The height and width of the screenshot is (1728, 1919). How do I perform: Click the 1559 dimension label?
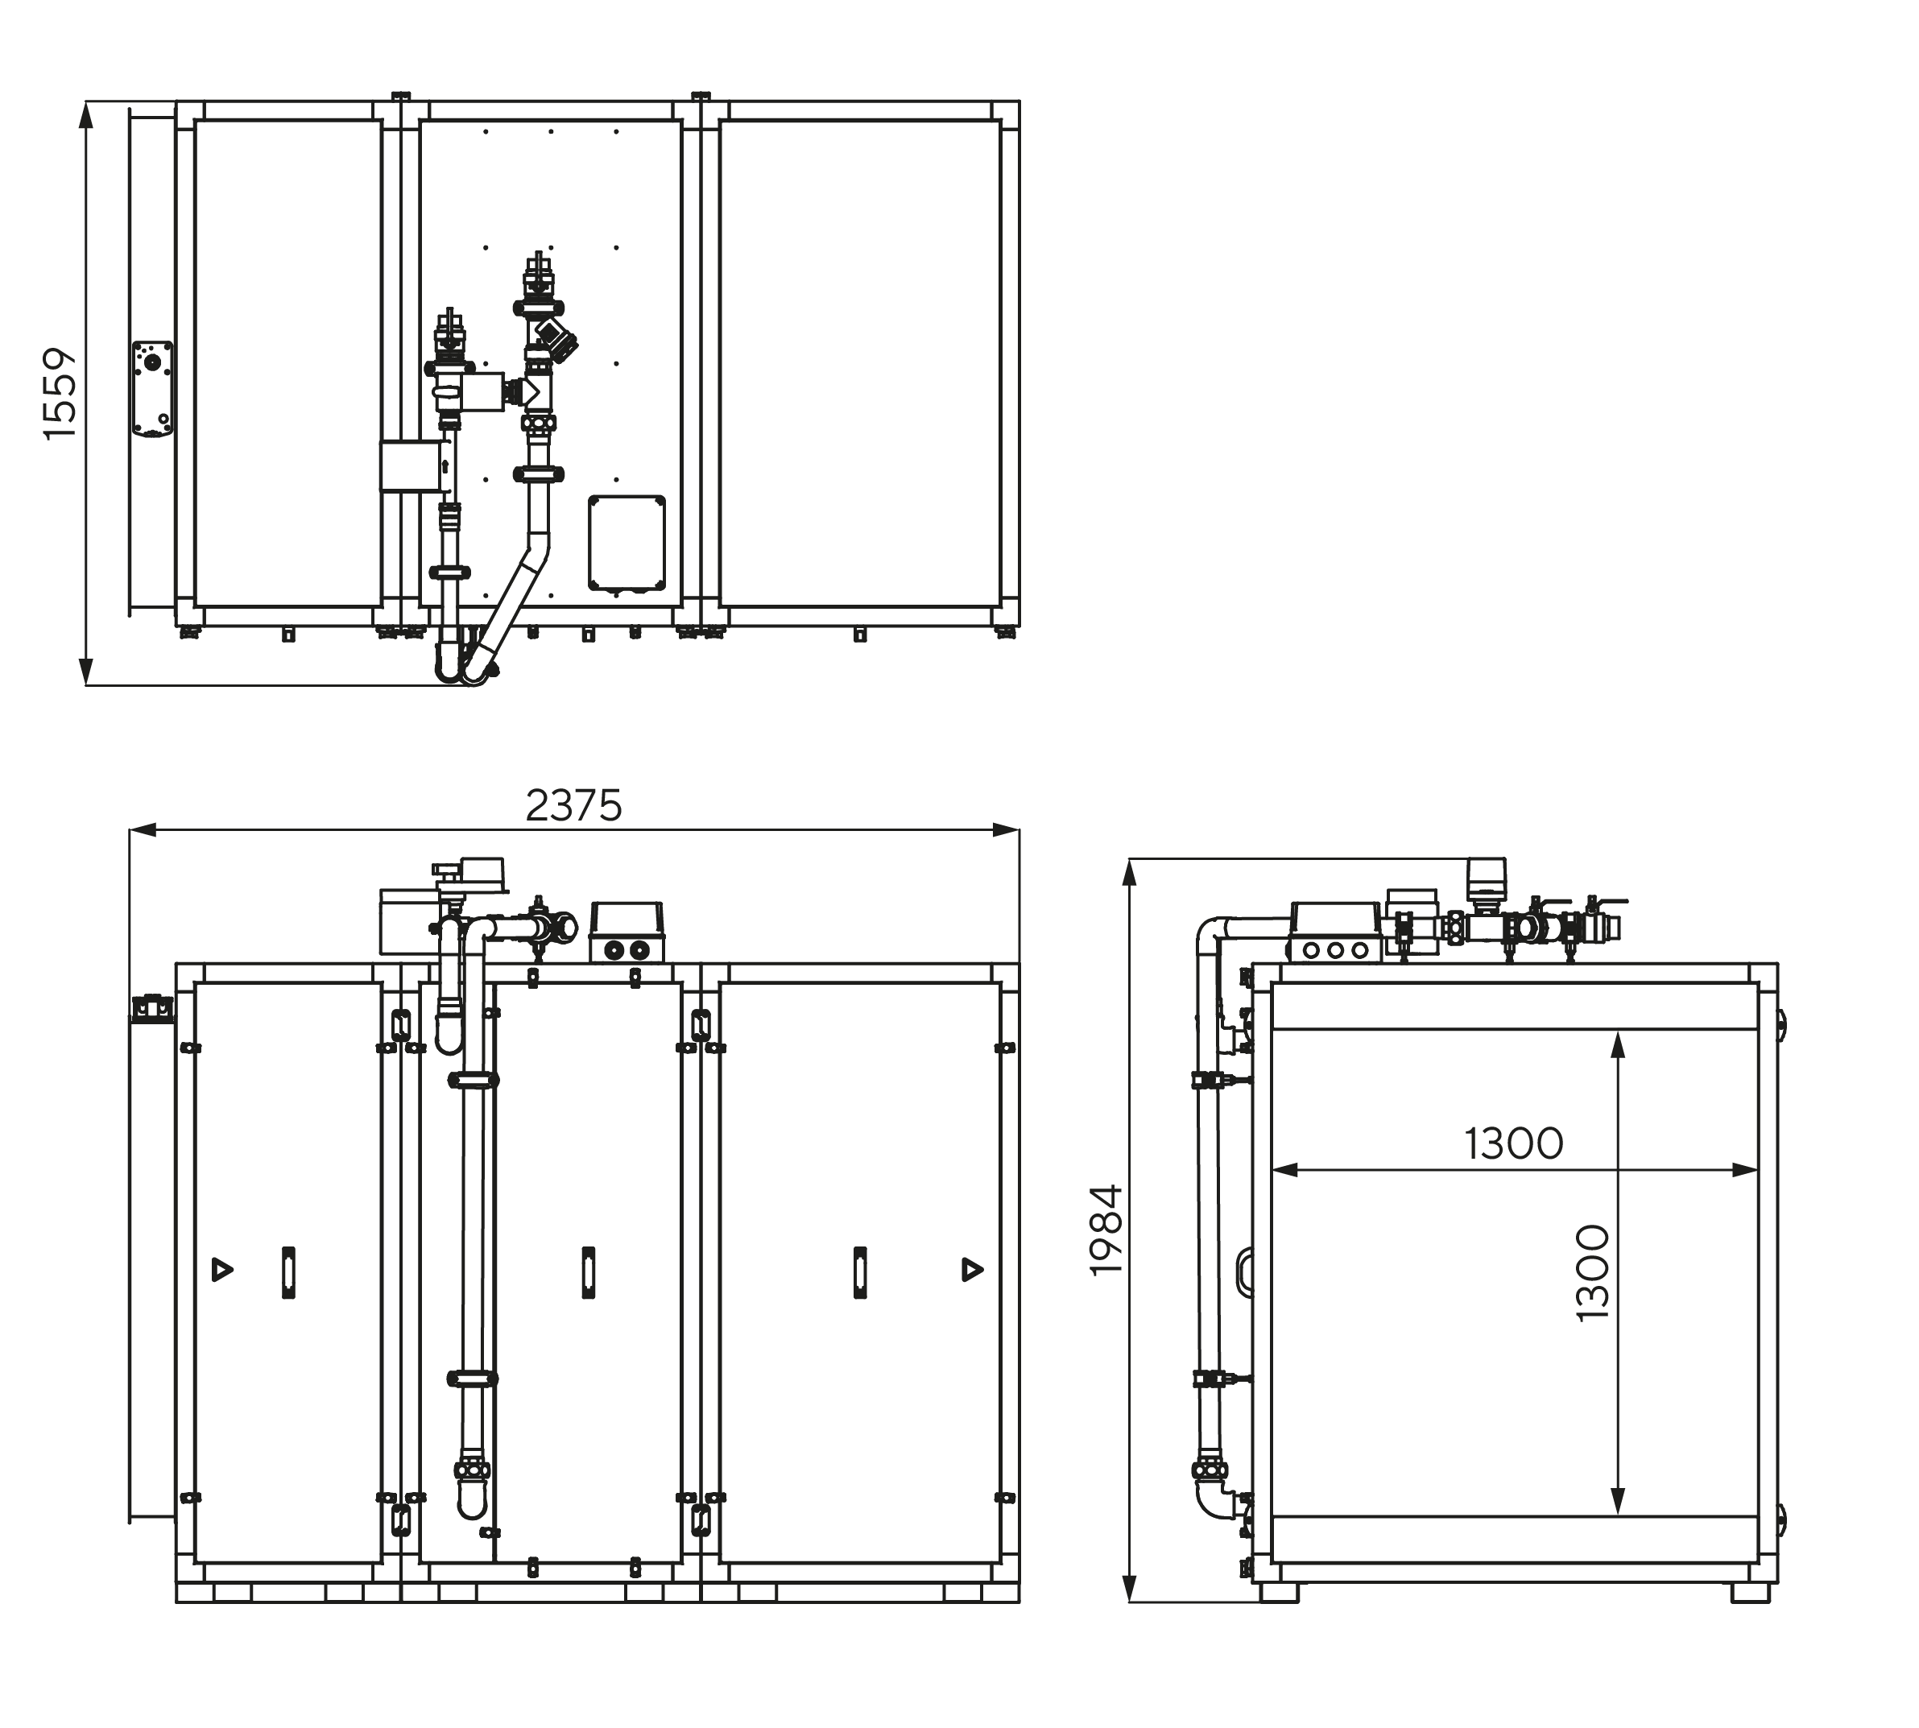(60, 393)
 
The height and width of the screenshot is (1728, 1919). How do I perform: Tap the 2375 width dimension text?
(573, 806)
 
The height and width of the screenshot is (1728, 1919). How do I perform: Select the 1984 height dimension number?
(1106, 1230)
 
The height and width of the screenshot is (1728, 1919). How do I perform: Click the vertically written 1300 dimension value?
(1592, 1273)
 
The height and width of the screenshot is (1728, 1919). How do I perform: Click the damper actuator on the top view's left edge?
(152, 388)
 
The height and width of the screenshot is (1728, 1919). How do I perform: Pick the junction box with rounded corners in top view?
(626, 543)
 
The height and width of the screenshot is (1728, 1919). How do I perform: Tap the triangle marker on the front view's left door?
(222, 1268)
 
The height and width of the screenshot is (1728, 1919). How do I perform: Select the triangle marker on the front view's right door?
(972, 1268)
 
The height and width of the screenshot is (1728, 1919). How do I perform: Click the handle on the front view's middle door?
(589, 1272)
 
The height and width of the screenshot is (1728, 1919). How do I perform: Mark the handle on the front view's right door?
(860, 1272)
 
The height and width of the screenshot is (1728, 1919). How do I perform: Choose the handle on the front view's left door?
(288, 1272)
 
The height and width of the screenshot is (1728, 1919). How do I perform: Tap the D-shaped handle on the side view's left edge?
(1243, 1272)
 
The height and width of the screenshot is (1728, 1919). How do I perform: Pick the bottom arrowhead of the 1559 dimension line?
(86, 672)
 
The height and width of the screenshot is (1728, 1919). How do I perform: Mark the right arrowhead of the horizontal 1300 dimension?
(1745, 1170)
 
